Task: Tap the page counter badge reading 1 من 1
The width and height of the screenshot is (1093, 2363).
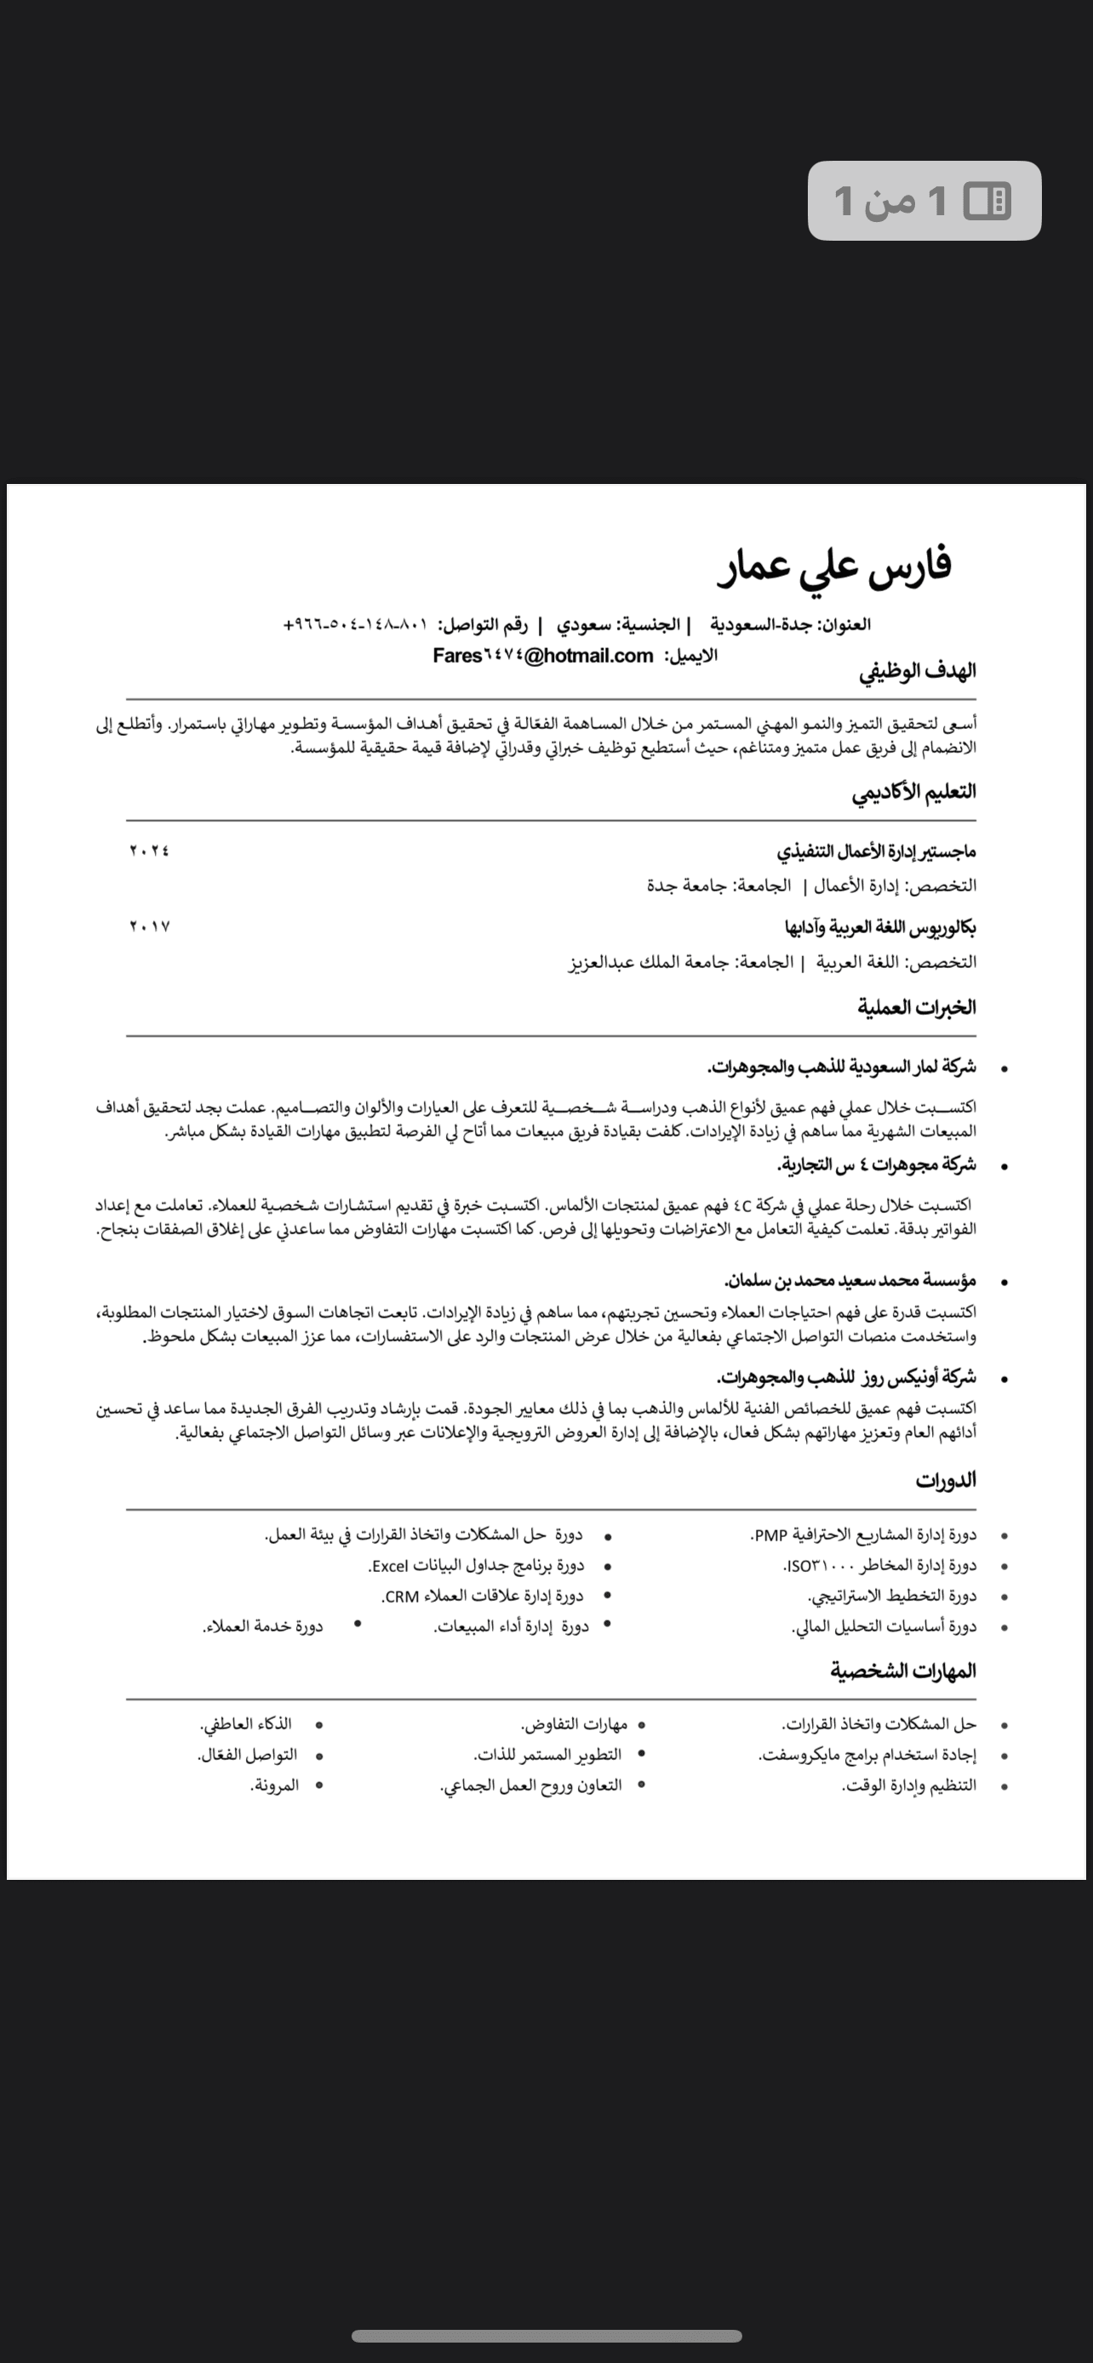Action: pos(924,201)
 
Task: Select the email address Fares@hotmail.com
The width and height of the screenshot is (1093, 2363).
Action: pos(542,656)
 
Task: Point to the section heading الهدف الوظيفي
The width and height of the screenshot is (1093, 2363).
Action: pos(917,671)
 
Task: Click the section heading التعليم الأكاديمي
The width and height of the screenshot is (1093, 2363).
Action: pos(913,793)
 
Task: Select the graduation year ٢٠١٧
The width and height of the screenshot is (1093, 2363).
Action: pos(150,927)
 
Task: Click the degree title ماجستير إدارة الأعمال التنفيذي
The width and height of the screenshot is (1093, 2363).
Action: pos(877,851)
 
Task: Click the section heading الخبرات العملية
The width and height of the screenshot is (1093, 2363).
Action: pos(916,1008)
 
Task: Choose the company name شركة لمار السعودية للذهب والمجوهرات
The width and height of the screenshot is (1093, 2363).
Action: pos(842,1067)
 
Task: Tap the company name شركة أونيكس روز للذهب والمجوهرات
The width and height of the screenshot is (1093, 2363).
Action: pos(846,1378)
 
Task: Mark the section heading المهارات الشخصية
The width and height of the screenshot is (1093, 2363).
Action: pos(903,1671)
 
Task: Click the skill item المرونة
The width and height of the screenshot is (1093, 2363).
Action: pos(273,1786)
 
